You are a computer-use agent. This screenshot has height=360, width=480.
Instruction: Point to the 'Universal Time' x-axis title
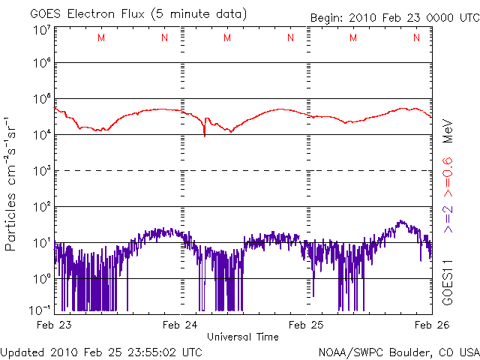point(242,337)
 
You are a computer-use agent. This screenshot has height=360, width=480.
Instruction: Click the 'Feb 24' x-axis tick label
point(182,325)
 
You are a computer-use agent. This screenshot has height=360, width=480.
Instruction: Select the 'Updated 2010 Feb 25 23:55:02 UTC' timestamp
point(101,352)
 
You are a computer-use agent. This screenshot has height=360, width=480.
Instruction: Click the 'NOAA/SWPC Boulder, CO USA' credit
point(398,352)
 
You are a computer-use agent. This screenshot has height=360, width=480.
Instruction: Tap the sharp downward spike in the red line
point(205,134)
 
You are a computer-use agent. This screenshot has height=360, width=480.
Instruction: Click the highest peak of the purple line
point(402,221)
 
